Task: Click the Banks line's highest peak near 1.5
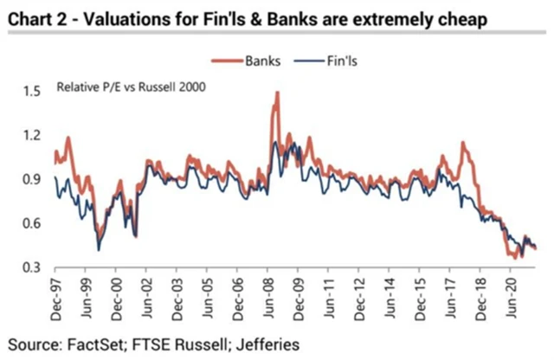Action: [x=277, y=92]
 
